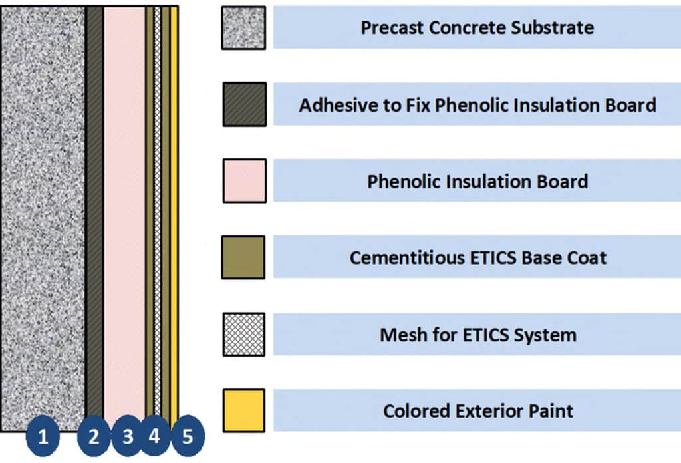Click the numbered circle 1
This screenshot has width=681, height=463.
point(43,437)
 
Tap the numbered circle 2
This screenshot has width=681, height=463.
point(94,437)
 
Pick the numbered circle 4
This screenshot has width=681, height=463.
point(154,437)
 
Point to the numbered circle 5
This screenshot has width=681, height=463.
point(187,437)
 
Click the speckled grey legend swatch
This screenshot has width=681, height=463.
point(243,28)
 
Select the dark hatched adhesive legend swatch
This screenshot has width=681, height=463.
point(244,104)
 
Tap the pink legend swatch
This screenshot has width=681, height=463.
point(244,180)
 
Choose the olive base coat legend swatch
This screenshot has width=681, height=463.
point(243,257)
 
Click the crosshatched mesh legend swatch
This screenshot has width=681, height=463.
point(243,334)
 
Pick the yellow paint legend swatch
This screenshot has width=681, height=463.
point(243,410)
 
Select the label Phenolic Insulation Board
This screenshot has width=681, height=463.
point(477,181)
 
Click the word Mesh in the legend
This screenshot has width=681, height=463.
point(401,334)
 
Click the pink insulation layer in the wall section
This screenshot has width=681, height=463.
point(124,213)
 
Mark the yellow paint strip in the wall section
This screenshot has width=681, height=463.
point(174,213)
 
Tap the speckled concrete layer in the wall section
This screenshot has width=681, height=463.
point(43,213)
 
